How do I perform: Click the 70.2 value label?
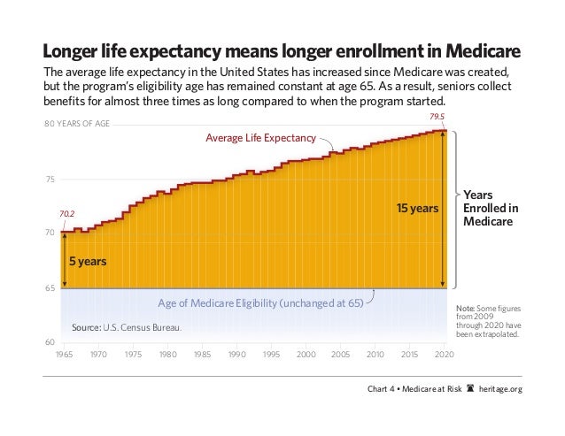coord(66,213)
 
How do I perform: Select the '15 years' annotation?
coord(416,209)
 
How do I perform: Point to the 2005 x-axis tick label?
coord(341,355)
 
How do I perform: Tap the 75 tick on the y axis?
coord(50,180)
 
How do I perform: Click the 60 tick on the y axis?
coord(50,341)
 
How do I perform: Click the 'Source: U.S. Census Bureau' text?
coord(127,329)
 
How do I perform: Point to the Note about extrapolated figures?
coord(488,319)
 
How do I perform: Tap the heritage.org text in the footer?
coord(500,390)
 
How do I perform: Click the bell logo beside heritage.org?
coord(468,390)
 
